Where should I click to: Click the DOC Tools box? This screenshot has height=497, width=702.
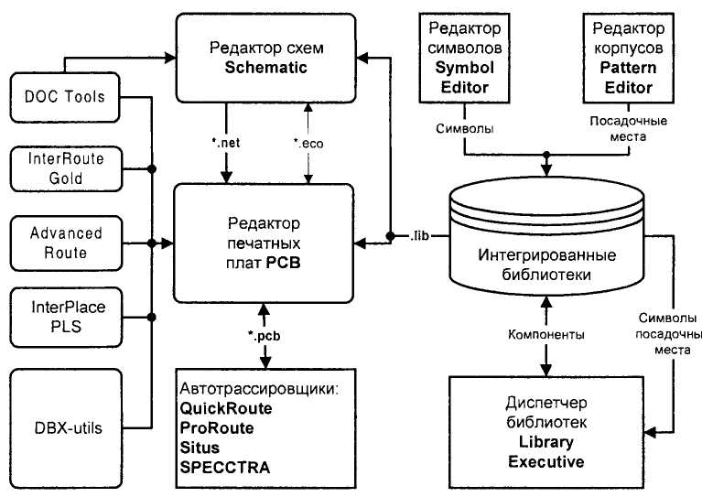[65, 97]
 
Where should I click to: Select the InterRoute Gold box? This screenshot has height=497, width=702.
[65, 168]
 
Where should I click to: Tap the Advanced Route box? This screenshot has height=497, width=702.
[65, 241]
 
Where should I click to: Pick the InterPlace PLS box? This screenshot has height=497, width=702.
[65, 314]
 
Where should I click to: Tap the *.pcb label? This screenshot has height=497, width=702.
[264, 336]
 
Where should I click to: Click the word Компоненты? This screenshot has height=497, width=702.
[546, 335]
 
